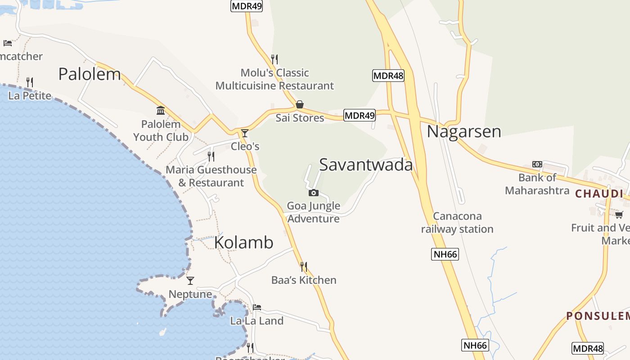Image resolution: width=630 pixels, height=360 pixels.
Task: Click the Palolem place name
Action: [90, 74]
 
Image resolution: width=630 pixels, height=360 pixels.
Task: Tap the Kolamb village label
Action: [243, 242]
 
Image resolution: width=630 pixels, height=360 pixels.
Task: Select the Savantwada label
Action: [366, 165]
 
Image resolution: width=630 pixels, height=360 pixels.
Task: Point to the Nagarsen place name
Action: [463, 131]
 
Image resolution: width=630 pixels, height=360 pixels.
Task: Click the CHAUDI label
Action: [599, 194]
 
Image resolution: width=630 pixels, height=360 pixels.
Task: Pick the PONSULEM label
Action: [598, 316]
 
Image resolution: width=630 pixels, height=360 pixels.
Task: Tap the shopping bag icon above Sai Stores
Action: [300, 105]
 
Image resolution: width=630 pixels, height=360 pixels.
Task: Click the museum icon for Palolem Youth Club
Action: [161, 111]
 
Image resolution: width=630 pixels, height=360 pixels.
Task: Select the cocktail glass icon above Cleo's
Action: [245, 133]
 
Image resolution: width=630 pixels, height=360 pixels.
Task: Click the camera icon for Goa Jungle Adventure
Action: [314, 193]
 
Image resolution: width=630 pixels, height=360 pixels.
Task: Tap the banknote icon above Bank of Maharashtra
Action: [537, 164]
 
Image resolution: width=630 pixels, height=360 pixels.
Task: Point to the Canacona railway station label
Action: [457, 223]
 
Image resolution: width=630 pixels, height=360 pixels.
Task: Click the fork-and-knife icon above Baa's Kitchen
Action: [304, 267]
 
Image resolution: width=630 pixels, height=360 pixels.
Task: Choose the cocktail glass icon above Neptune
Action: [190, 281]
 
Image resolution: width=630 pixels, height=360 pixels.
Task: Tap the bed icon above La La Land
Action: [257, 307]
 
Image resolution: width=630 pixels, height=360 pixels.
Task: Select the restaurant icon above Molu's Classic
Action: [274, 59]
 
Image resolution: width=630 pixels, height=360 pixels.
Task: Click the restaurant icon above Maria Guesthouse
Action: [211, 157]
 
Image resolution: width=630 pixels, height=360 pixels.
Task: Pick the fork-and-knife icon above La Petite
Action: [30, 82]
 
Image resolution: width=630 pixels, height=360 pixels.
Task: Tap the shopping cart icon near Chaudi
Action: [619, 215]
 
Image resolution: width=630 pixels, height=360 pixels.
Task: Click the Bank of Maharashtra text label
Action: [537, 184]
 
